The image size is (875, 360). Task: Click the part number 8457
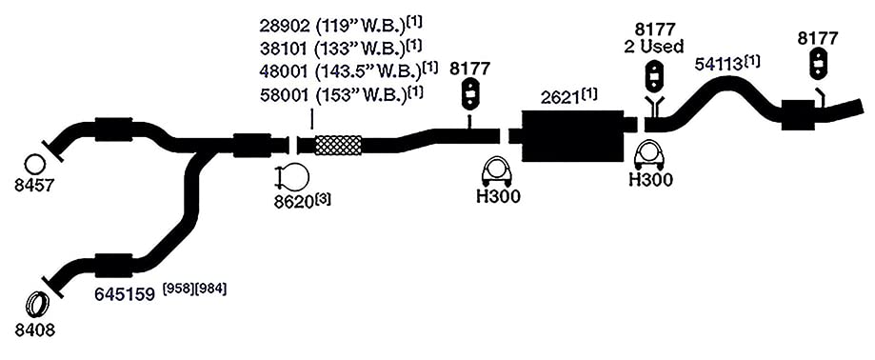[x=34, y=185]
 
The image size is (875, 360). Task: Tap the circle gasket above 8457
[x=35, y=164]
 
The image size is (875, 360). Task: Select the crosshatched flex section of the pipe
[x=338, y=145]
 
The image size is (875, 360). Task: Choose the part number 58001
[x=284, y=95]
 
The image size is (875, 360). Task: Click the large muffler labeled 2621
[x=572, y=135]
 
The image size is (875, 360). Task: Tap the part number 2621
[x=560, y=98]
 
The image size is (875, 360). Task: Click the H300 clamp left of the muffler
[x=498, y=172]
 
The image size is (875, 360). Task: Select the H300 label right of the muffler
[x=650, y=180]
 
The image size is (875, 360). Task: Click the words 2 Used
[x=654, y=47]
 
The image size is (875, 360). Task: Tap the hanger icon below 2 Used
[x=654, y=75]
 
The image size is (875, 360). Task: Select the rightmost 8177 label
[x=818, y=38]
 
